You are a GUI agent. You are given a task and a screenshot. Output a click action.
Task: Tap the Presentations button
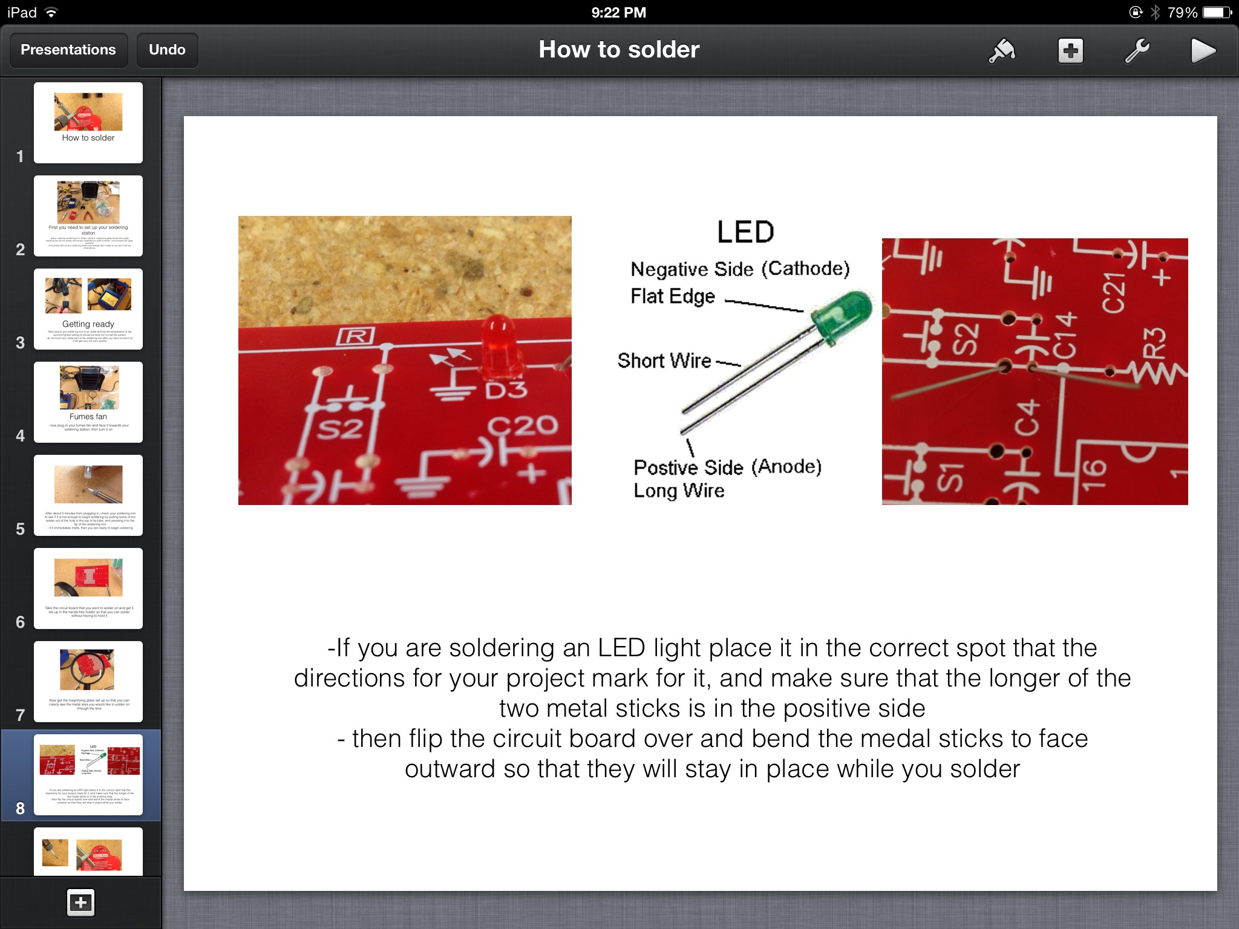point(68,50)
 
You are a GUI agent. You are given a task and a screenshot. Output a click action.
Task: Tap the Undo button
point(167,50)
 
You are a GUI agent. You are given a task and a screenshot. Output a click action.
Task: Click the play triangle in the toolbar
point(1203,51)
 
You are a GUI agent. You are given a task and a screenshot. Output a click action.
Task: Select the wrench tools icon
point(1137,51)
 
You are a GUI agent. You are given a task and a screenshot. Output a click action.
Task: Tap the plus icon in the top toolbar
point(1070,51)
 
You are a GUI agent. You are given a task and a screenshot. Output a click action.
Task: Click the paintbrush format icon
point(1002,51)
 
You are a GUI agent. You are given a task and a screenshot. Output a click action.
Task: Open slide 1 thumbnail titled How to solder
point(88,123)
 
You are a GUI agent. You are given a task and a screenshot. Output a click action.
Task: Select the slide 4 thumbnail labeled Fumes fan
point(88,402)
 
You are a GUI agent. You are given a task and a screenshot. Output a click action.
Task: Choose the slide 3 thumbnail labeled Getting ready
point(88,309)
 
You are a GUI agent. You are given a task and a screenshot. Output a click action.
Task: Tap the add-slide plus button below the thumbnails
point(81,903)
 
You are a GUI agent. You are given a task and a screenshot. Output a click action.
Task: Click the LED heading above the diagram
point(745,232)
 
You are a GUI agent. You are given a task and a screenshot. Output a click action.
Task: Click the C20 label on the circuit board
point(523,425)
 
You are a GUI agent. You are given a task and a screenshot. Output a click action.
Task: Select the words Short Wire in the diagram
point(664,360)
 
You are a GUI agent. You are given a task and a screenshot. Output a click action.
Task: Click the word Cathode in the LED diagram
point(805,268)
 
